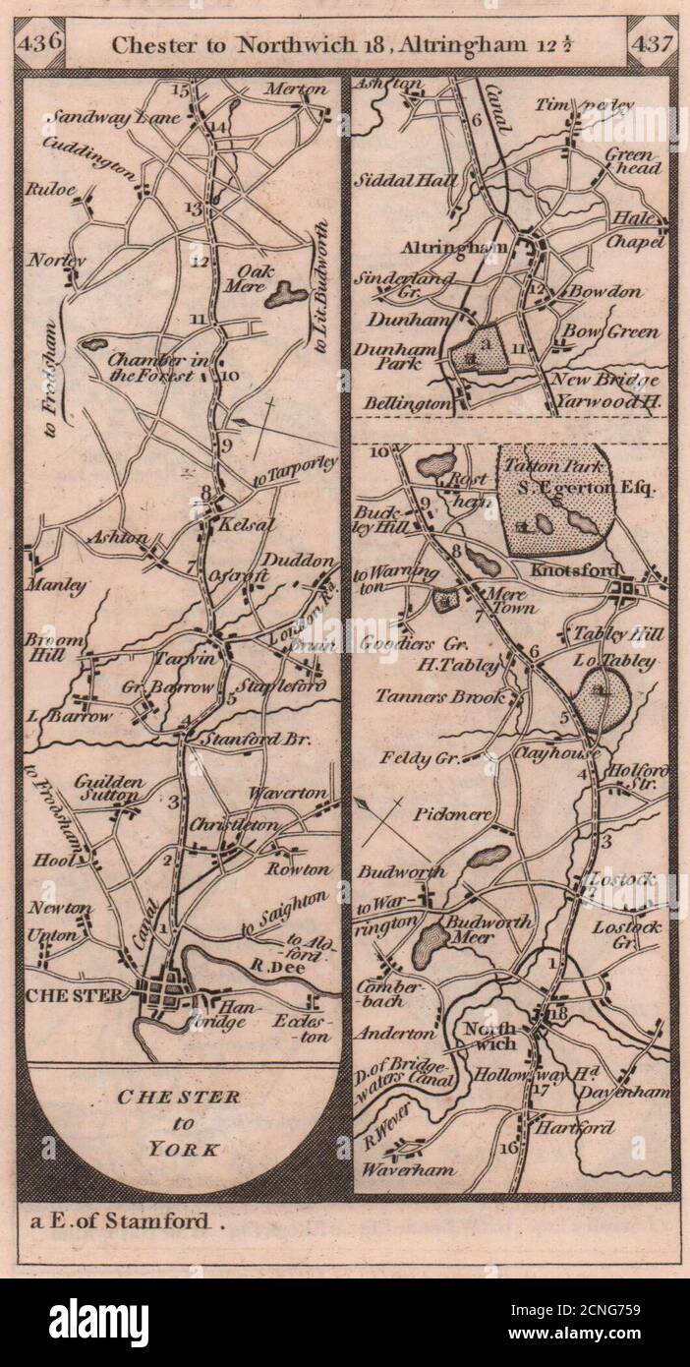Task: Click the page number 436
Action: (40, 42)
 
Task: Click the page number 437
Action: (652, 44)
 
